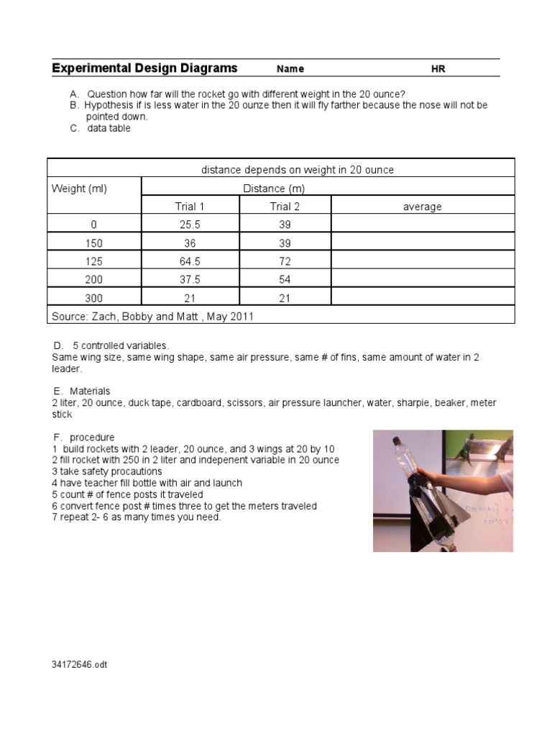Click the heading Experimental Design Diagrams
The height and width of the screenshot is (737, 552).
(x=144, y=68)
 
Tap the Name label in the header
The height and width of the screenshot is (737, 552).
(x=290, y=69)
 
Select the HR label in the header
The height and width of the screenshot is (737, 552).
(x=438, y=69)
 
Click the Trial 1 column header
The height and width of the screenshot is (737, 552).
(x=190, y=207)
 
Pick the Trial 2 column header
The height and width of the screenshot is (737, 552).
(x=285, y=207)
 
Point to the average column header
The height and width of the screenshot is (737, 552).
(x=422, y=207)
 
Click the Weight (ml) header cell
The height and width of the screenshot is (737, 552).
(x=80, y=189)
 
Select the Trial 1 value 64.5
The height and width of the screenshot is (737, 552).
(x=190, y=261)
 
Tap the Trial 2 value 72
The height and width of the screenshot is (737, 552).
(x=285, y=261)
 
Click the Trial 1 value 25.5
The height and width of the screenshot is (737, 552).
(x=190, y=225)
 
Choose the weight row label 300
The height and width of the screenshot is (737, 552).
(x=93, y=298)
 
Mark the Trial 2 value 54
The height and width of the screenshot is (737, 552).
(x=285, y=279)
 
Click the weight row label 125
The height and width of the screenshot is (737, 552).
(x=93, y=261)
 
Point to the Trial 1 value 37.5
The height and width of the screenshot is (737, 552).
(x=190, y=279)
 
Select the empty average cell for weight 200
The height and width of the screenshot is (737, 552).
(x=422, y=279)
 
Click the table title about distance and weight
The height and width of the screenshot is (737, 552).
(x=298, y=170)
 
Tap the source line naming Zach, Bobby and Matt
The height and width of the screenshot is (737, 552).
(x=153, y=316)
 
